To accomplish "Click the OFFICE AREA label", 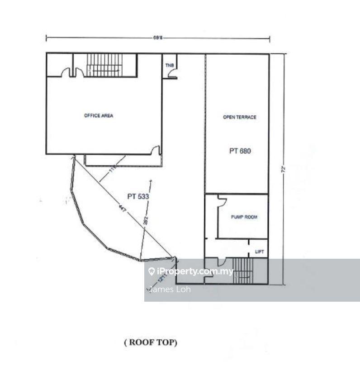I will pyautogui.click(x=99, y=116).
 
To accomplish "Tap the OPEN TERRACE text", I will pyautogui.click(x=240, y=117).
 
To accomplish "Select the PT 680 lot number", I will pyautogui.click(x=240, y=151).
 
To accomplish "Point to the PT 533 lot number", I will pyautogui.click(x=138, y=197).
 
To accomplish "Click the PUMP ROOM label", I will pyautogui.click(x=244, y=217).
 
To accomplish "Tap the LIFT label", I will pyautogui.click(x=260, y=252).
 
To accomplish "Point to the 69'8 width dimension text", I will pyautogui.click(x=158, y=38).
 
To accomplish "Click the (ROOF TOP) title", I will pyautogui.click(x=151, y=343).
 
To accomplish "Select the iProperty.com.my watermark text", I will pyautogui.click(x=195, y=271).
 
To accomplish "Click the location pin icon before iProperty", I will pyautogui.click(x=152, y=271).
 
